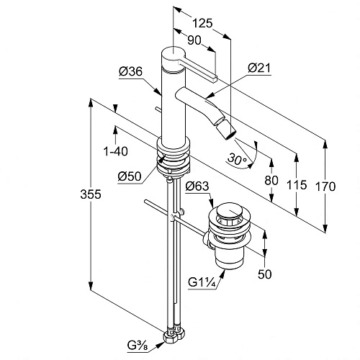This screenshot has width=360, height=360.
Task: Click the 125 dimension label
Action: [x=203, y=23]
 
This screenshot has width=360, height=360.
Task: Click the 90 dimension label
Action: [x=194, y=40]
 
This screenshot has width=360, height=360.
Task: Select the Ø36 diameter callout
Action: [x=131, y=71]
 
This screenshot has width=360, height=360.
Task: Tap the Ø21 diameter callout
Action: [x=259, y=68]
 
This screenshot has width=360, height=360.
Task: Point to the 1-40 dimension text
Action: [x=115, y=151]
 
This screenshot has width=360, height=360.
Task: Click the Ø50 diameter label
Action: [x=130, y=176]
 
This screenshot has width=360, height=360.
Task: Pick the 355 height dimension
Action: [x=91, y=194]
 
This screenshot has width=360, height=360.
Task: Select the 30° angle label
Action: [x=237, y=159]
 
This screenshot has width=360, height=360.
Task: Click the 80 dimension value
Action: [x=271, y=180]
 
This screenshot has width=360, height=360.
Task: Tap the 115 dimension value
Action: [x=297, y=185]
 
